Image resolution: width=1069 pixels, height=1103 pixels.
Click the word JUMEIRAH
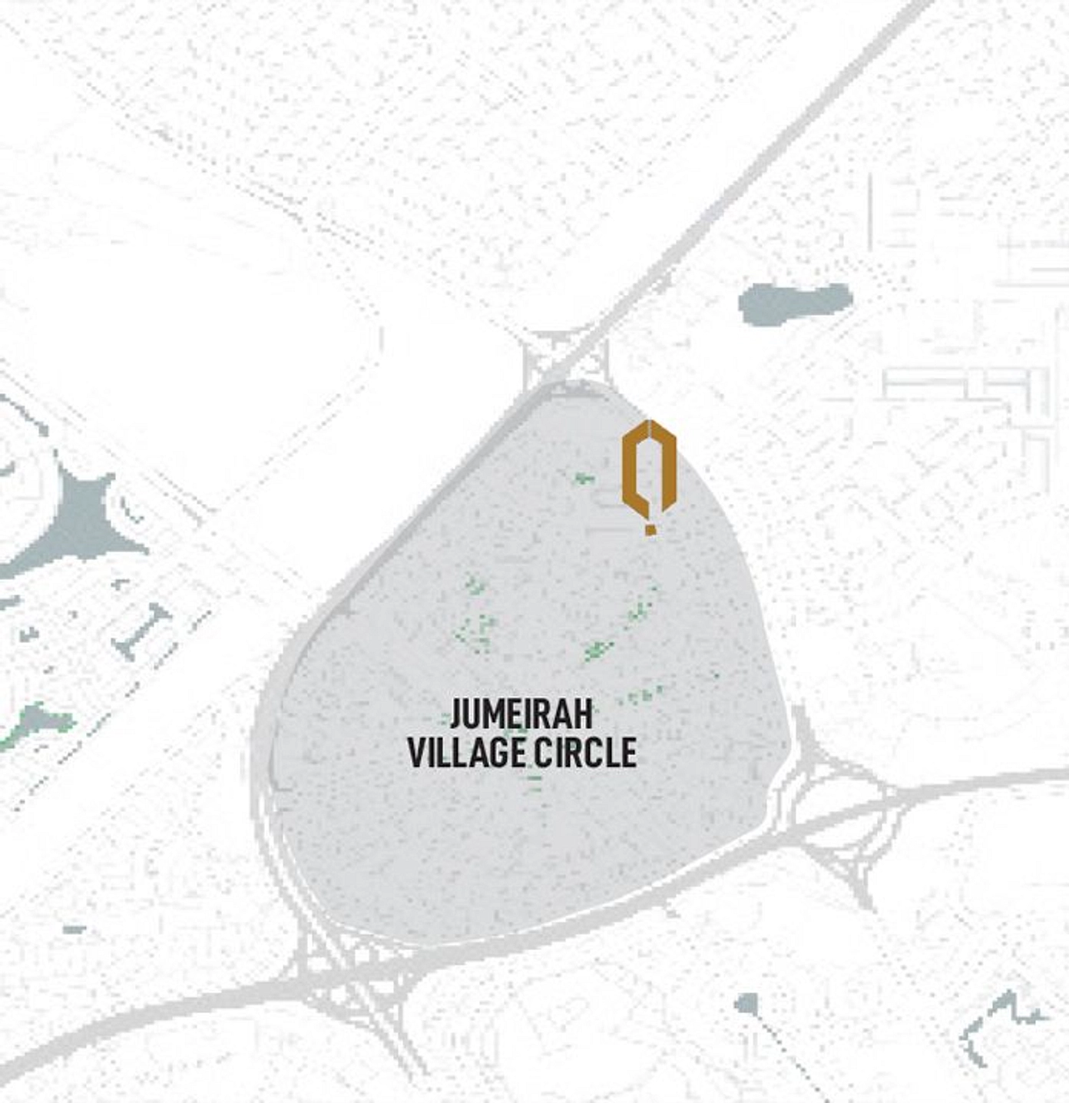tap(521, 714)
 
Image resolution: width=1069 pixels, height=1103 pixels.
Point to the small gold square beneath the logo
tap(650, 528)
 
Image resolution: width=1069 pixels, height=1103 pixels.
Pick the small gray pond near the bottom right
tap(746, 1002)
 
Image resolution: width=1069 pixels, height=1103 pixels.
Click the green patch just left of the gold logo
tap(584, 479)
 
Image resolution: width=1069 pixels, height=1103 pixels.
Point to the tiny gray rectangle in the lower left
tap(74, 930)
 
